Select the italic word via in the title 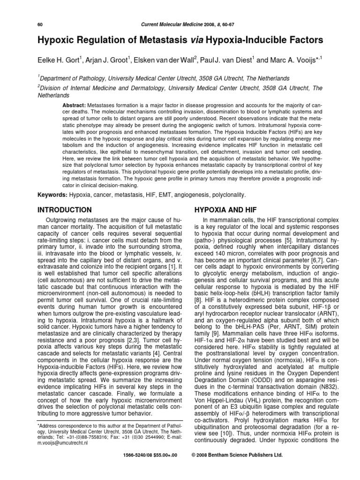pyautogui.click(x=196, y=41)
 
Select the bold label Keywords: pyautogui.click(x=52, y=194)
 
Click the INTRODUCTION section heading pyautogui.click(x=64, y=210)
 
